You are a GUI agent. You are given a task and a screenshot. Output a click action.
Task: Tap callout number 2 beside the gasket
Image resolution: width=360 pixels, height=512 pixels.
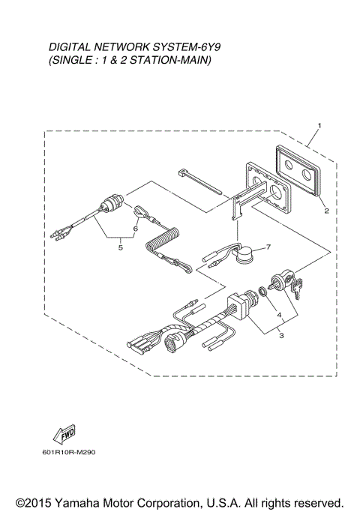[326, 211]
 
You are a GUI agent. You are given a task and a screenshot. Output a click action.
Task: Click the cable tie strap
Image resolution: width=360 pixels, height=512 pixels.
[201, 183]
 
